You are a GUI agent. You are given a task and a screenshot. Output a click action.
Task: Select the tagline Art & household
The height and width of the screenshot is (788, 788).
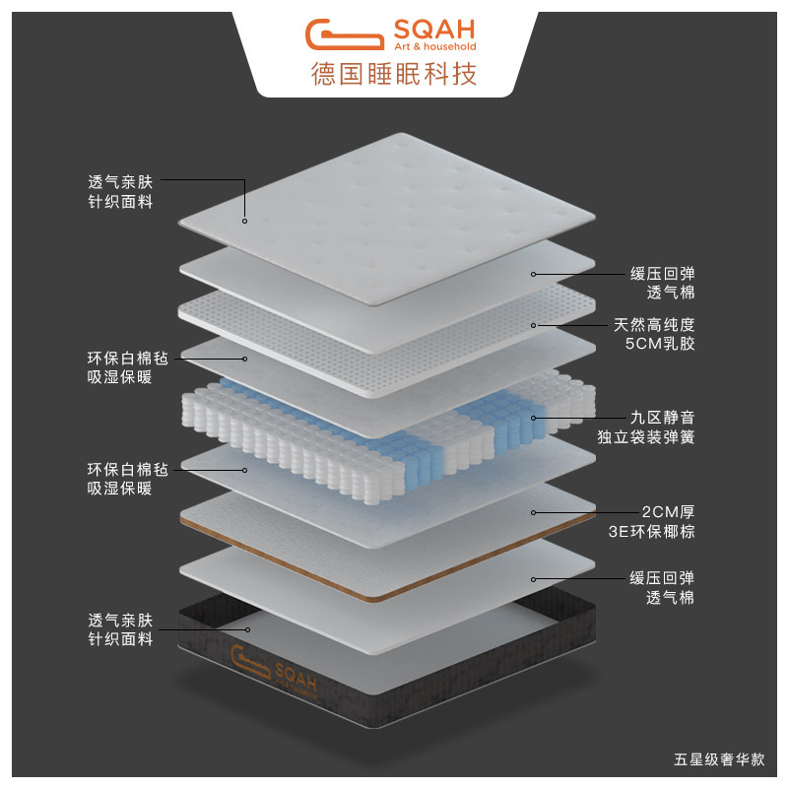click(x=434, y=46)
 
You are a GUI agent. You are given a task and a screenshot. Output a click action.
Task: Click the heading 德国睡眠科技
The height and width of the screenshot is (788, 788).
click(x=394, y=74)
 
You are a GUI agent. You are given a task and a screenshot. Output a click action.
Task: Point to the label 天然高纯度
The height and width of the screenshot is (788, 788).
click(x=653, y=324)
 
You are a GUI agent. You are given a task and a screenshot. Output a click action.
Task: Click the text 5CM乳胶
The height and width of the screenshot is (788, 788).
click(x=659, y=345)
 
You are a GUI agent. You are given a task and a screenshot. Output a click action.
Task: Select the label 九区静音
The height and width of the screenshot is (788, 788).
click(x=662, y=417)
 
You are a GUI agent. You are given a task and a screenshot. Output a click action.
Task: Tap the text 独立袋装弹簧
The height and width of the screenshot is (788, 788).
click(x=645, y=437)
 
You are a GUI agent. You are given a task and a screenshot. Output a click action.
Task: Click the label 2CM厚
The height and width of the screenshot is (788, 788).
click(x=666, y=512)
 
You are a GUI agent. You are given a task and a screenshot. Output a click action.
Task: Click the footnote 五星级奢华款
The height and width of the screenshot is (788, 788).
click(x=718, y=760)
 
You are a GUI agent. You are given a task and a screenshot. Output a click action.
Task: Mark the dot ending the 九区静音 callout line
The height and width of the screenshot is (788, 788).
click(x=533, y=418)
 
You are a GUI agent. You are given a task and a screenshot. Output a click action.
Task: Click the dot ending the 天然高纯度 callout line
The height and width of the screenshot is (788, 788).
click(x=533, y=325)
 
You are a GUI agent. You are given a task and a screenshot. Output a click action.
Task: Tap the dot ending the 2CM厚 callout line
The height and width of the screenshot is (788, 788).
click(x=533, y=512)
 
